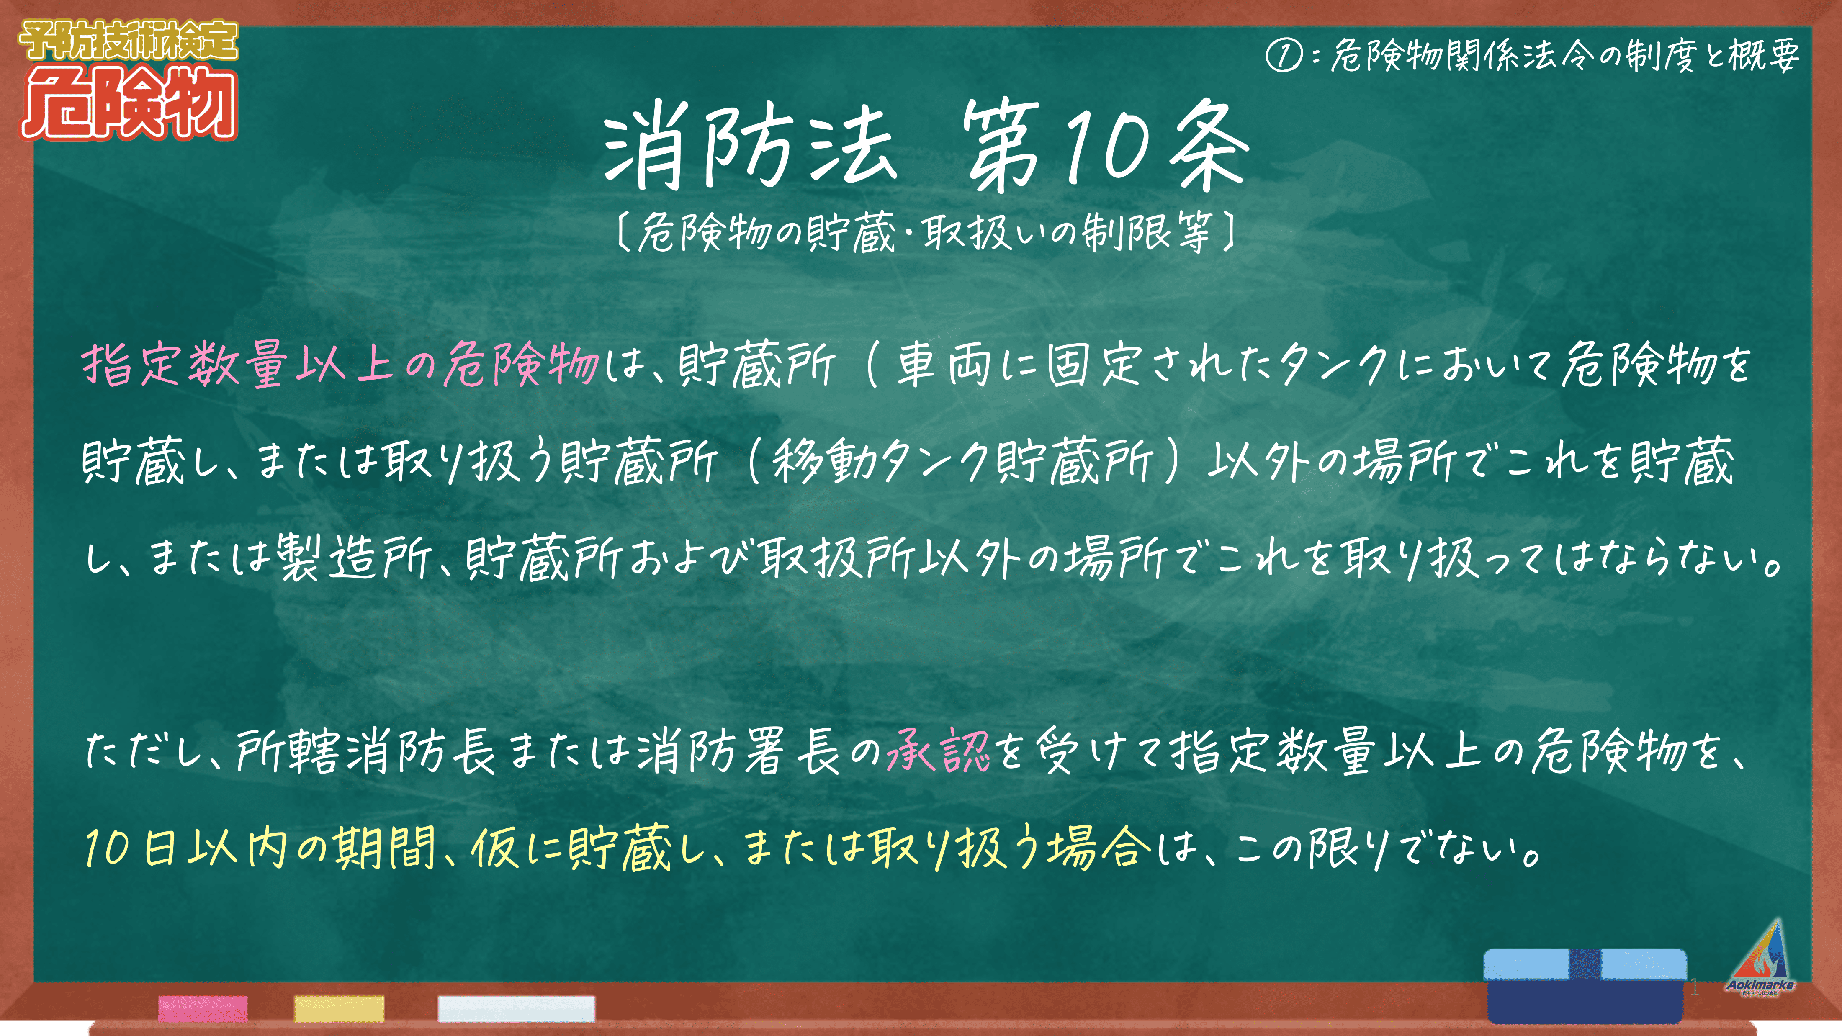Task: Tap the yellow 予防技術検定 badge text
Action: click(129, 41)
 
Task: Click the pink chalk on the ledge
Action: click(203, 1008)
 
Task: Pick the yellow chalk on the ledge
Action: click(339, 1008)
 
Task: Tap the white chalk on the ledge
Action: click(516, 1008)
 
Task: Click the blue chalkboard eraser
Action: click(1585, 986)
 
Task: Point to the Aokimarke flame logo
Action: click(1760, 956)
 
